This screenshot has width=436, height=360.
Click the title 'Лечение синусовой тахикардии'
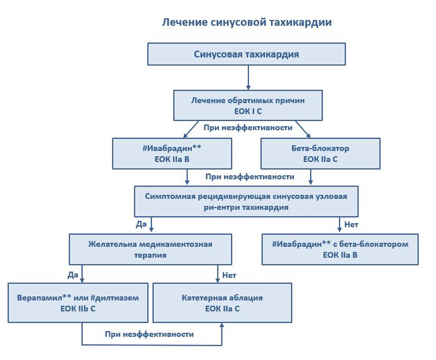pyautogui.click(x=247, y=22)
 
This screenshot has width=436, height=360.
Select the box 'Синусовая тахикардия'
pyautogui.click(x=246, y=54)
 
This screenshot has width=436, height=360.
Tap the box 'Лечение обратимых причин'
pyautogui.click(x=248, y=105)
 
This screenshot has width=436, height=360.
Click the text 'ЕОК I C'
pyautogui.click(x=248, y=111)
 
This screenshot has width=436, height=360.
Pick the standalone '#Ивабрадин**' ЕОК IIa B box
pyautogui.click(x=172, y=153)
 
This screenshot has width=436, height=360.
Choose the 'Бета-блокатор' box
pyautogui.click(x=320, y=153)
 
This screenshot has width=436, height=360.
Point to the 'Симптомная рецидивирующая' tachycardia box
pyautogui.click(x=246, y=201)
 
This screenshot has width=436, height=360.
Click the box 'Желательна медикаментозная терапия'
pyautogui.click(x=151, y=249)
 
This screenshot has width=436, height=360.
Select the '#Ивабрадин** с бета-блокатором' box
pyautogui.click(x=340, y=249)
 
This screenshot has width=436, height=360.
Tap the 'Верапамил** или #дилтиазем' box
pyautogui.click(x=78, y=303)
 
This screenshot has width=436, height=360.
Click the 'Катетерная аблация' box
pyautogui.click(x=223, y=303)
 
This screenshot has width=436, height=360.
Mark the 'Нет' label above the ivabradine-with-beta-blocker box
pyautogui.click(x=351, y=224)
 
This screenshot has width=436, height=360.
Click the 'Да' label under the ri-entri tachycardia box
pyautogui.click(x=141, y=224)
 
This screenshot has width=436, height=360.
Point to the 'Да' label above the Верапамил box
pyautogui.click(x=73, y=275)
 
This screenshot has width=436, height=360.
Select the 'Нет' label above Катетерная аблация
pyautogui.click(x=229, y=275)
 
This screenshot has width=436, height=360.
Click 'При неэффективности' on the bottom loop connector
pyautogui.click(x=150, y=334)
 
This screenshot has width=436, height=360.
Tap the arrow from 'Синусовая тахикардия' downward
pyautogui.click(x=248, y=77)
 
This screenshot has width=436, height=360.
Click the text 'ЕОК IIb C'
pyautogui.click(x=78, y=309)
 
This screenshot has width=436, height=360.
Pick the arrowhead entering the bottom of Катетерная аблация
pyautogui.click(x=222, y=325)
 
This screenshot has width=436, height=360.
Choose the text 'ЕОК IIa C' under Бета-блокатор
pyautogui.click(x=320, y=159)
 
